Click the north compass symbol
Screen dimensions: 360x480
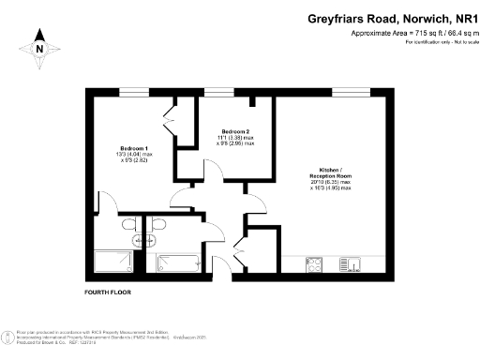(x=38, y=47)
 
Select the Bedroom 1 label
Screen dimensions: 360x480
(x=132, y=148)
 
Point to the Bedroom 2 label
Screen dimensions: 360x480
(x=235, y=131)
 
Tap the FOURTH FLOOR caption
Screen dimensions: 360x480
(x=108, y=292)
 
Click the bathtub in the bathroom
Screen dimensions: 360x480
(x=179, y=262)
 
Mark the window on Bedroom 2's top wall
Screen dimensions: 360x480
(x=219, y=92)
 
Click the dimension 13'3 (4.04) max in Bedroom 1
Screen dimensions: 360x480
(x=133, y=155)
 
